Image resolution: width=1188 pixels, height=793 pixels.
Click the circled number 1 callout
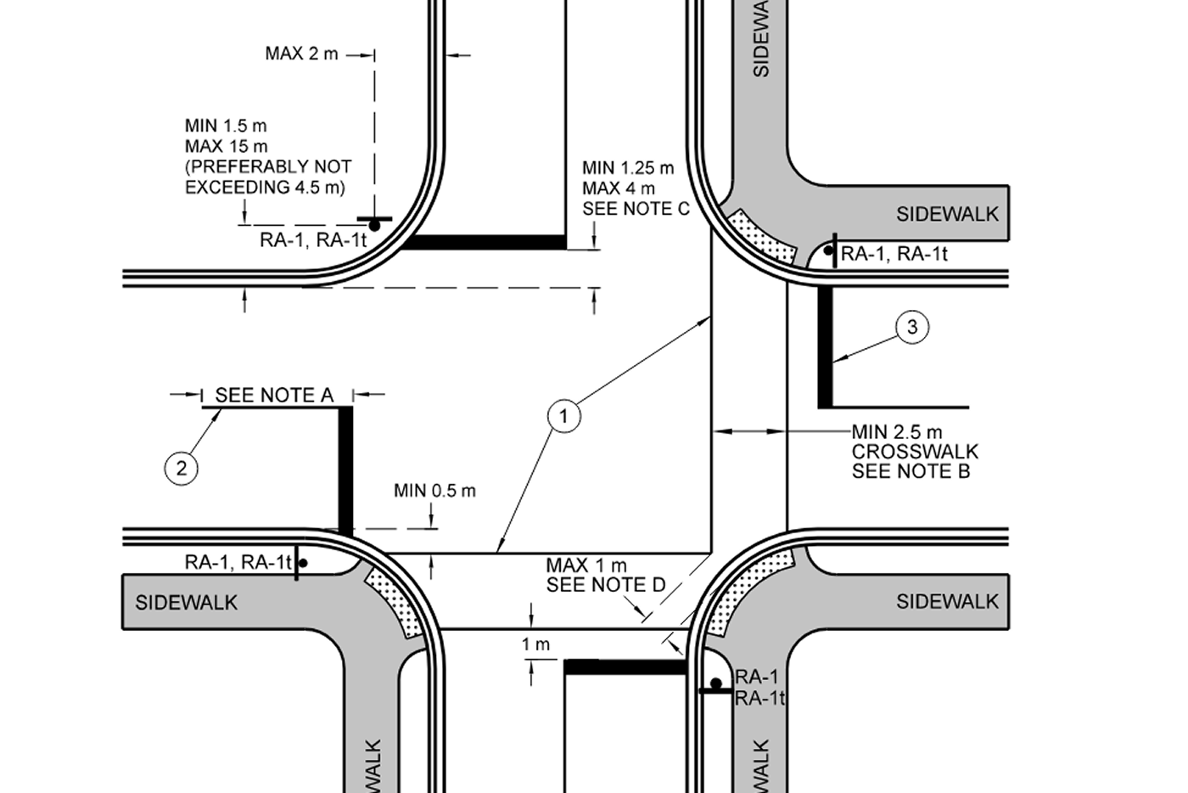(563, 417)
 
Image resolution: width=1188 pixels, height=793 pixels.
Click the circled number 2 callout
(182, 469)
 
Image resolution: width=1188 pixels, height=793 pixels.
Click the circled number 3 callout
(912, 327)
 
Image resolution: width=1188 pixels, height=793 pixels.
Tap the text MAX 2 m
(301, 53)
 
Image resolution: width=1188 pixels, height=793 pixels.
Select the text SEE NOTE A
(274, 396)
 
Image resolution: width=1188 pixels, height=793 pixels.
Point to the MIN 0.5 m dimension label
(434, 491)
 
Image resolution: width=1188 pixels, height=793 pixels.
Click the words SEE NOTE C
(636, 209)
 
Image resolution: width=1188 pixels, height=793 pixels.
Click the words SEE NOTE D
(606, 585)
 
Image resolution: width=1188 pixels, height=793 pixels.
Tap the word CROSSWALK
(915, 452)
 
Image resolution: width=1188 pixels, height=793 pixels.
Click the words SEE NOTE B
(911, 471)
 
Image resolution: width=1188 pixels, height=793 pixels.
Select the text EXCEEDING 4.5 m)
(265, 188)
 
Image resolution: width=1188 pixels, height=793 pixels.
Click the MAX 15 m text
(227, 147)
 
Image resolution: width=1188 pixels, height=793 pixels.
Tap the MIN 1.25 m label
(628, 168)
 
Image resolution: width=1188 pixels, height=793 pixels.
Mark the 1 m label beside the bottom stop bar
(535, 644)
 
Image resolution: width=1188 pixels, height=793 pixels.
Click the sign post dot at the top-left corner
(374, 226)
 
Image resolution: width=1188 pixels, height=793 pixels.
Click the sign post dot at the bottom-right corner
(716, 683)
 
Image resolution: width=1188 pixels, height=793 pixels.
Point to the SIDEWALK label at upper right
(947, 215)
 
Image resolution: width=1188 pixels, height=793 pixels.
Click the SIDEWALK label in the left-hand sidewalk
(186, 603)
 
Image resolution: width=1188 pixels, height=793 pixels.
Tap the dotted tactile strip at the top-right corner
(761, 237)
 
